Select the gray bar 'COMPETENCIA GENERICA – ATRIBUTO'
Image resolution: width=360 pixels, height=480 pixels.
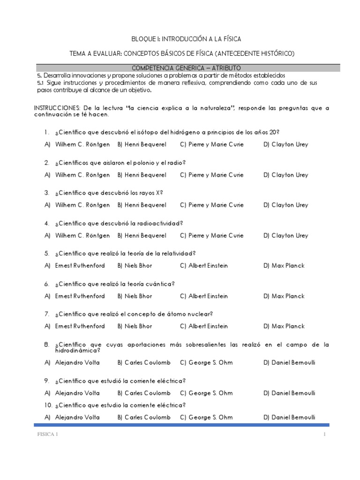tap(187, 68)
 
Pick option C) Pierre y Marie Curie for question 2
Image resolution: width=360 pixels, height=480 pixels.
tap(211, 175)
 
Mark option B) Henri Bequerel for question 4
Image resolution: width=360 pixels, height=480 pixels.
tap(142, 235)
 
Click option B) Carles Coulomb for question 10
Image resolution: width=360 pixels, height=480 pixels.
tap(144, 417)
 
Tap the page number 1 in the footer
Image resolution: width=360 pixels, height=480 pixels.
tap(323, 435)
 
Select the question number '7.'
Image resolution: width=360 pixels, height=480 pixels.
tap(47, 314)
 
